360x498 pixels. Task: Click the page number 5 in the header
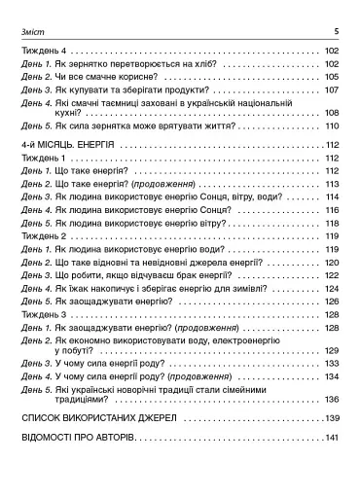pos(335,31)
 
